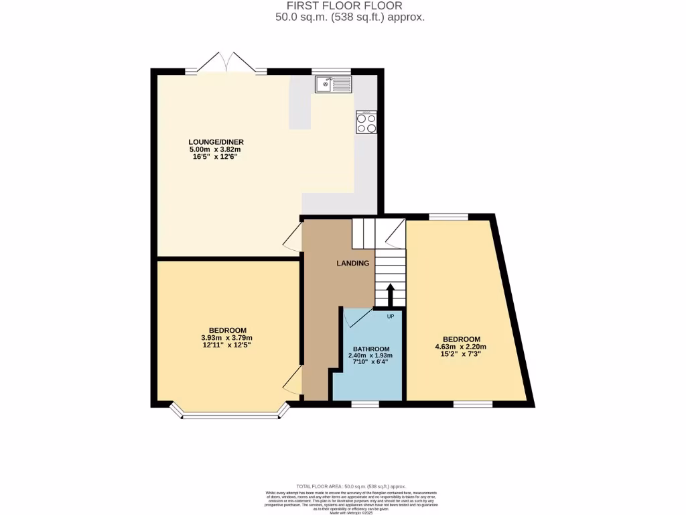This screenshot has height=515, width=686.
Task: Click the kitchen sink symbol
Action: point(333,84)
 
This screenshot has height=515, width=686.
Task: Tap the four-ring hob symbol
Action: point(366,122)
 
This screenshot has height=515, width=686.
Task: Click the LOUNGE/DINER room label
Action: point(216,142)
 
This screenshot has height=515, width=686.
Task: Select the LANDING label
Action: point(352,264)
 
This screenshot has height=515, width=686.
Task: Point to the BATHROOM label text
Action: point(371,349)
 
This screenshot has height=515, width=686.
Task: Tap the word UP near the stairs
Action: point(391,315)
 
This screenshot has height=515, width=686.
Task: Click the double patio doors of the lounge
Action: point(226,64)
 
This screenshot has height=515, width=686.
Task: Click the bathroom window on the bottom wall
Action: point(365,404)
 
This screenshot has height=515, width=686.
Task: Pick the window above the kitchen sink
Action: point(331,71)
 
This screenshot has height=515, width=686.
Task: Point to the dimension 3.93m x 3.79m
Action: point(227,338)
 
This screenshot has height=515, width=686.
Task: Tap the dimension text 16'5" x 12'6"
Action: point(215,156)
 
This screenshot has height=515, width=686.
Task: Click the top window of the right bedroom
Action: point(448,217)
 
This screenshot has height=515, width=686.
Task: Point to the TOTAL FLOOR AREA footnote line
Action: point(350,486)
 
